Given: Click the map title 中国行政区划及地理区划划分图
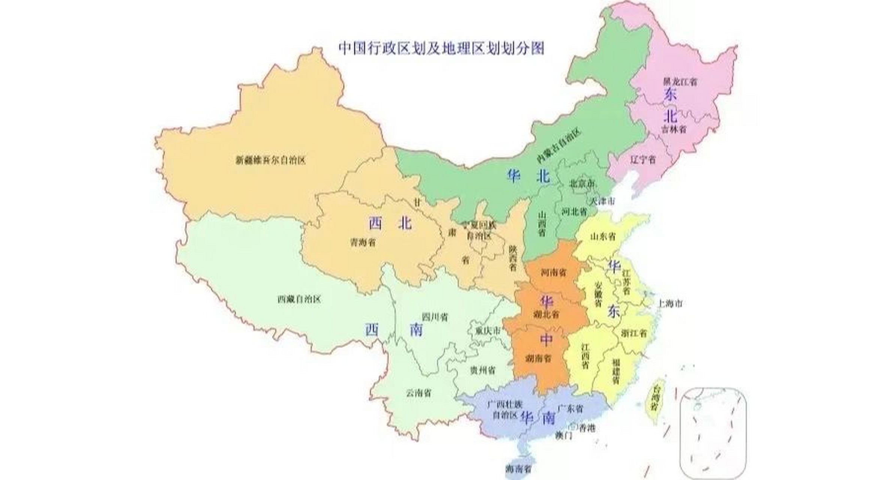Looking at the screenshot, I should [441, 48].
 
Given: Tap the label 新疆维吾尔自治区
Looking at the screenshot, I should [271, 160].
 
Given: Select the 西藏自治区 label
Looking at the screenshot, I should [299, 299].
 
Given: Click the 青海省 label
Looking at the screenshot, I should [363, 243].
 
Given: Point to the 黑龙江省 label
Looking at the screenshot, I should [680, 81].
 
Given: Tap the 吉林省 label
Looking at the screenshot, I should [673, 129].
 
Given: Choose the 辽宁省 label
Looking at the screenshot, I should [643, 160].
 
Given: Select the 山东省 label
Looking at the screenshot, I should [603, 236].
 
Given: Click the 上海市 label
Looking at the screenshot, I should [670, 303].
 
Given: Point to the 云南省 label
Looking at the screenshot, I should [418, 393].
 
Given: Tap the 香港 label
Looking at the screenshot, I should [587, 427].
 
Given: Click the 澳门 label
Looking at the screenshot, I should [564, 435].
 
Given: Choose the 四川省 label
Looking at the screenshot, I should [435, 317].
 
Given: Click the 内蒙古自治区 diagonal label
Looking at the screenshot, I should [558, 145].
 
